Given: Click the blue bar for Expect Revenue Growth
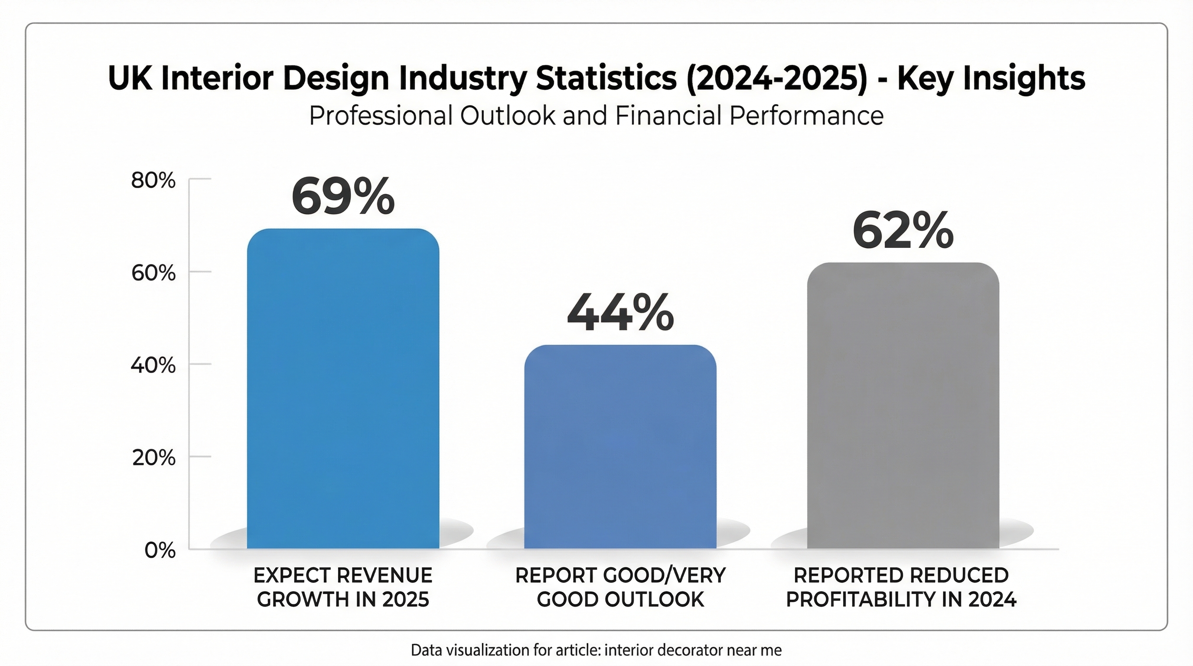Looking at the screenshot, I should pyautogui.click(x=343, y=389).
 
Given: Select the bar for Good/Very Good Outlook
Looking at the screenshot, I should pyautogui.click(x=620, y=447).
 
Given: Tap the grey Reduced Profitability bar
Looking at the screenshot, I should pyautogui.click(x=903, y=405).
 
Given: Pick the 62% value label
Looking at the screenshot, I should pyautogui.click(x=903, y=231).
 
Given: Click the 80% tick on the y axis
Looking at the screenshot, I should pyautogui.click(x=153, y=181).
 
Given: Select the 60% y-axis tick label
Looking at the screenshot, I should pyautogui.click(x=153, y=273).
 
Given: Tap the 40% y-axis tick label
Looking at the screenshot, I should pyautogui.click(x=153, y=366).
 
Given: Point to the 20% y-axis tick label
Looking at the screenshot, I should pyautogui.click(x=153, y=458).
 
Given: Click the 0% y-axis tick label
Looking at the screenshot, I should pyautogui.click(x=160, y=551).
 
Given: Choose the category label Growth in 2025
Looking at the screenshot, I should pyautogui.click(x=343, y=599).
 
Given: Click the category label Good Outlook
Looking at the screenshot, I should pyautogui.click(x=620, y=599).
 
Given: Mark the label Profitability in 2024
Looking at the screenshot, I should pyautogui.click(x=901, y=599).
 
